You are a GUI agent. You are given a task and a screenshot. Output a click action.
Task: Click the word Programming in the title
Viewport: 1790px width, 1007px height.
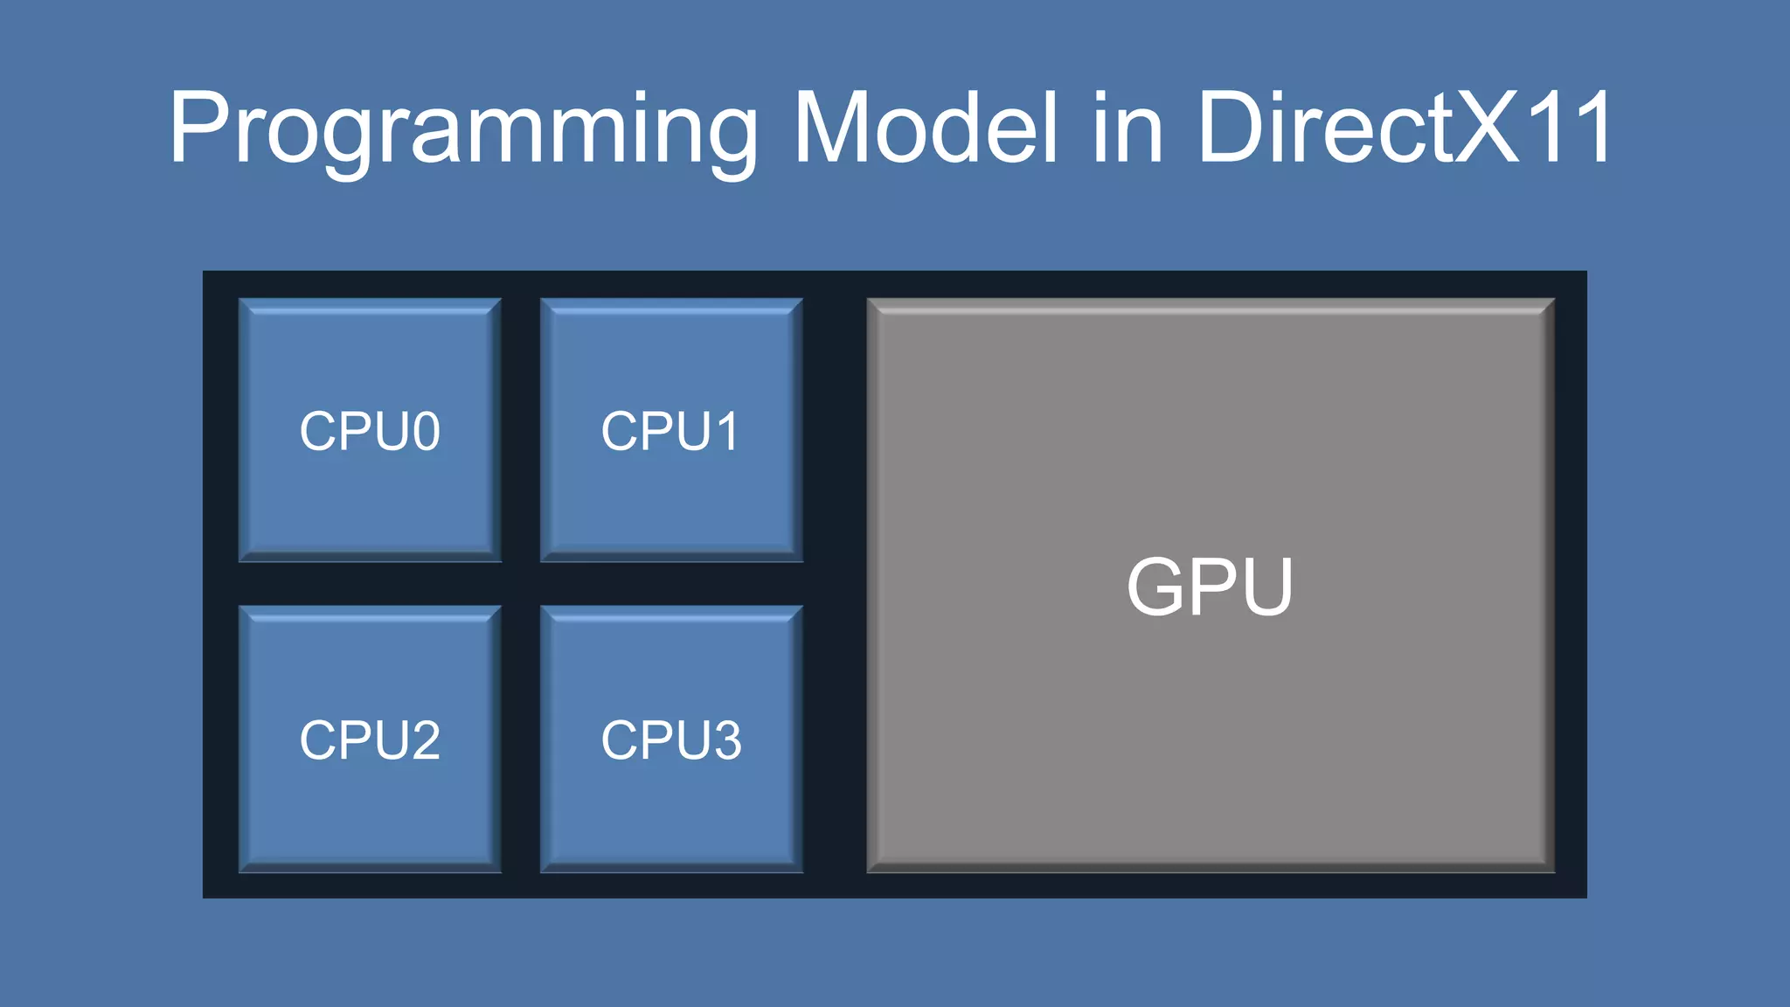coord(463,129)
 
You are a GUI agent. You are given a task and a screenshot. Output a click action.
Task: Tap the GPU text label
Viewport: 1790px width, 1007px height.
coord(1211,587)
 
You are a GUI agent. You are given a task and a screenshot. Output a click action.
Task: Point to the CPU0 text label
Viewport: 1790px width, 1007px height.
coord(370,431)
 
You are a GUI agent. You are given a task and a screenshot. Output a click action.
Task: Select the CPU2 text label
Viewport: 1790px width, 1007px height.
coord(370,740)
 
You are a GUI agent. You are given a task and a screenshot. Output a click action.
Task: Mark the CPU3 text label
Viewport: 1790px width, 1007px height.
coord(671,740)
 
